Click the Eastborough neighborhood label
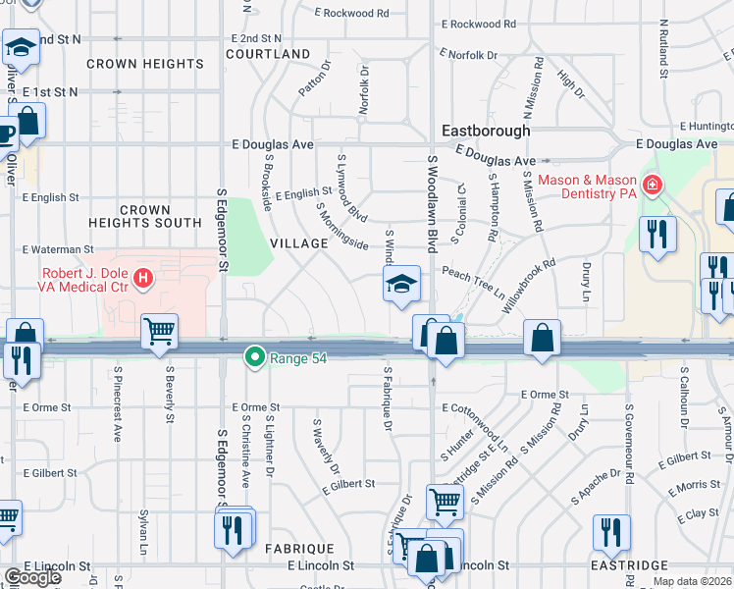[486, 130]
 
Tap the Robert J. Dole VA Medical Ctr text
[86, 280]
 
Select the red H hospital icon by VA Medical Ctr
[144, 279]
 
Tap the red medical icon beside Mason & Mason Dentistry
[652, 185]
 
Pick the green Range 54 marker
[255, 356]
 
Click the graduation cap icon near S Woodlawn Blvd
[400, 285]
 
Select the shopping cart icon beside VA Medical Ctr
[160, 331]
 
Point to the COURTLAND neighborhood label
[268, 54]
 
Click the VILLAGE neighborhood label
[298, 242]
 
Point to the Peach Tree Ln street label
[473, 284]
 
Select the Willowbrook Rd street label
[530, 280]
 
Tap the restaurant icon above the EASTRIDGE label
[611, 531]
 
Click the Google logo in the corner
[31, 577]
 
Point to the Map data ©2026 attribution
[692, 581]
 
